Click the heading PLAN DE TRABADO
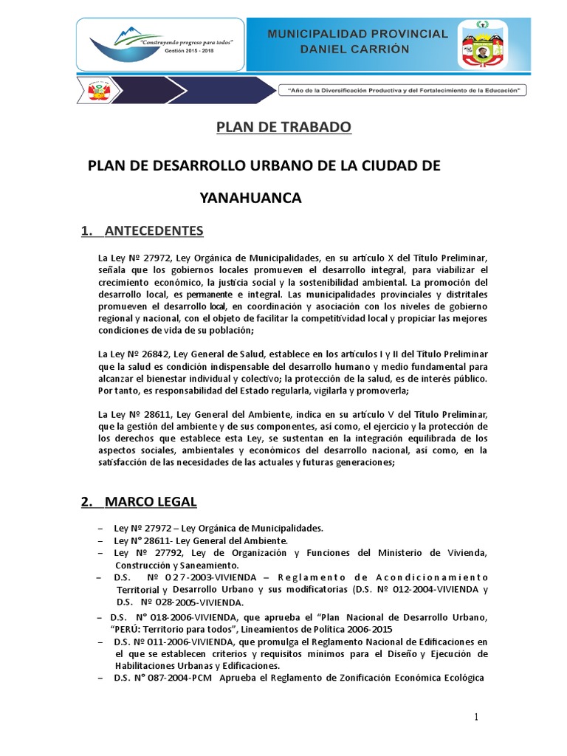[x=283, y=128]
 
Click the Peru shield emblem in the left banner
[x=97, y=92]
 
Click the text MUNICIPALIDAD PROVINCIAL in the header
[x=357, y=34]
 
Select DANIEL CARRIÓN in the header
[x=357, y=49]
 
